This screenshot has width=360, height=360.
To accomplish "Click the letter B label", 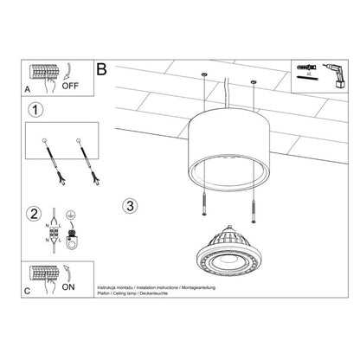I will click(x=102, y=68).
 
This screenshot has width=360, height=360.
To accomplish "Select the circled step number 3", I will click(x=130, y=205).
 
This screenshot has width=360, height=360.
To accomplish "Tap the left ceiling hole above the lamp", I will click(x=205, y=76).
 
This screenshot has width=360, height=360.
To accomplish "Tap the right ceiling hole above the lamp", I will click(x=254, y=83).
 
